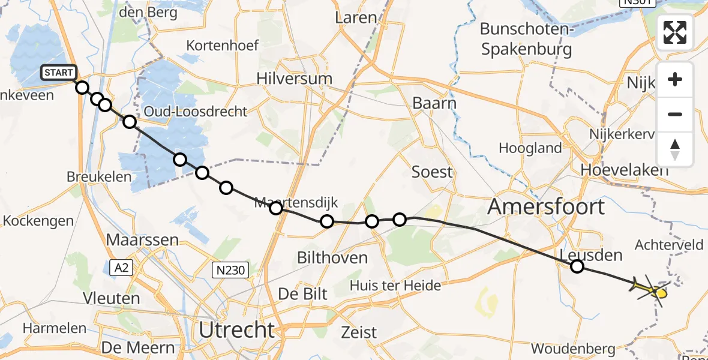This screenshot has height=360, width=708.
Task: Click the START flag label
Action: [x=59, y=73]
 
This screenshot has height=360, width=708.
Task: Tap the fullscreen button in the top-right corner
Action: [x=675, y=32]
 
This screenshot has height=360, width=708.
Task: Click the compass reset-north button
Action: [x=675, y=149]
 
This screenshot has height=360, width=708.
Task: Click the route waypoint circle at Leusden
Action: [x=577, y=266]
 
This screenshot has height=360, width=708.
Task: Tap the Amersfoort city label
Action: [x=545, y=208]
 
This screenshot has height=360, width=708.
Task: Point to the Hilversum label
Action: [x=294, y=79]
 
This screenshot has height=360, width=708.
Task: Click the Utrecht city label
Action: [x=236, y=330]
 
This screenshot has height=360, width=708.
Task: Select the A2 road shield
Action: [x=121, y=268]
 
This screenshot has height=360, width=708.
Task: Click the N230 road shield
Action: [x=230, y=271]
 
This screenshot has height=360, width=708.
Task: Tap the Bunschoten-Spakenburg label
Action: [x=526, y=38]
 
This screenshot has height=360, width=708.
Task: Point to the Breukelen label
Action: [x=100, y=177]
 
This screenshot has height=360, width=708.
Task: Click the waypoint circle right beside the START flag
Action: [x=82, y=88]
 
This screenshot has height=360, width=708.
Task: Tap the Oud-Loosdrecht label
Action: [x=195, y=112]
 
